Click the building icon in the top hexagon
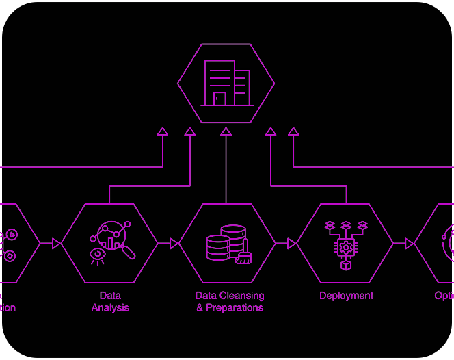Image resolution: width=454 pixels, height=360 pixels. coord(226,83)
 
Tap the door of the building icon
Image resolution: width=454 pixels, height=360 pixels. coord(219,99)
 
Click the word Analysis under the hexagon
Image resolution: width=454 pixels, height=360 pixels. coord(110,308)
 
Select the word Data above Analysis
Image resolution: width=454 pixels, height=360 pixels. coord(110,296)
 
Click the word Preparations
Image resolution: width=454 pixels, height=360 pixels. coord(235,308)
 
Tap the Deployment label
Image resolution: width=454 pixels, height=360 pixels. coord(346,296)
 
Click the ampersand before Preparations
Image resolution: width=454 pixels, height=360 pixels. coord(200,308)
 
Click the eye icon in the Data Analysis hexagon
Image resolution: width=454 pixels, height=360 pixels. coord(98,256)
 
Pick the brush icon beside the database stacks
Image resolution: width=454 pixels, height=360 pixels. coord(243,257)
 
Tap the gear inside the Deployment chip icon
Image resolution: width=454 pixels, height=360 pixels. coord(346,247)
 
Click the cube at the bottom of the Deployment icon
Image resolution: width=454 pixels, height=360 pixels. coord(346,264)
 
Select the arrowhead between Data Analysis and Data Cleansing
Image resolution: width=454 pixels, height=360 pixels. coord(174,243)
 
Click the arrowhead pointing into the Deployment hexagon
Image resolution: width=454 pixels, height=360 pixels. coord(292,243)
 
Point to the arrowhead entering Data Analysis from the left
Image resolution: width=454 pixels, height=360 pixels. coord(57,243)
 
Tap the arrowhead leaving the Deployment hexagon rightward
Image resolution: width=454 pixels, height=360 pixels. coord(410,243)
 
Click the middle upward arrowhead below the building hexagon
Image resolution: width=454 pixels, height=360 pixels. coord(226,131)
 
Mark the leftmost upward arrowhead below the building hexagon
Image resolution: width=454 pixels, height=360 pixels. coord(163,131)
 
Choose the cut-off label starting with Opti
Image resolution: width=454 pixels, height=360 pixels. coord(444,296)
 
